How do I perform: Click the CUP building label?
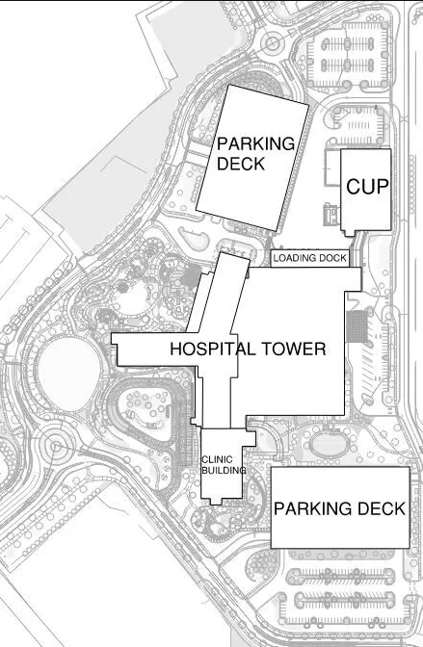pyautogui.click(x=367, y=187)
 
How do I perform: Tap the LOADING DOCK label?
pyautogui.click(x=310, y=258)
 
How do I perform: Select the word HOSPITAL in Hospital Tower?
pyautogui.click(x=213, y=349)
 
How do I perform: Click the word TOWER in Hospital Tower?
pyautogui.click(x=293, y=349)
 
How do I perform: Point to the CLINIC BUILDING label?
pyautogui.click(x=224, y=465)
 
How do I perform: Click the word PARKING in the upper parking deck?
pyautogui.click(x=255, y=144)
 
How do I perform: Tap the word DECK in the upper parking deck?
pyautogui.click(x=241, y=164)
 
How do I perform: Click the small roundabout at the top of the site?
pyautogui.click(x=273, y=43)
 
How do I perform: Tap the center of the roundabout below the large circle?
pyautogui.click(x=55, y=446)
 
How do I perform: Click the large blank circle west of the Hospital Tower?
pyautogui.click(x=69, y=374)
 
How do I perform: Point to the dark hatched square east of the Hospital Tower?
pyautogui.click(x=357, y=326)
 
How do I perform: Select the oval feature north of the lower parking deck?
pyautogui.click(x=330, y=445)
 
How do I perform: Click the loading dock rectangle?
pyautogui.click(x=310, y=258)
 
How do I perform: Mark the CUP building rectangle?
pyautogui.click(x=366, y=192)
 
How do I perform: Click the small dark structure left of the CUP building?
pyautogui.click(x=331, y=215)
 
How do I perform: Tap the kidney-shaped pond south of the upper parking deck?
pyautogui.click(x=194, y=240)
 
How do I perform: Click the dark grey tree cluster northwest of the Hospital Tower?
pyautogui.click(x=191, y=275)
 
